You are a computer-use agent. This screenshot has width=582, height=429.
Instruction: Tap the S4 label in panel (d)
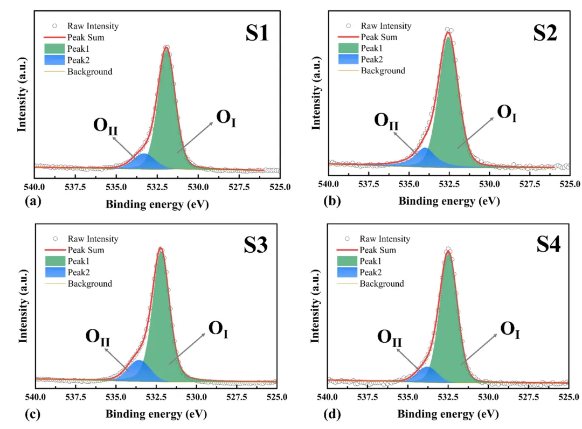click(548, 246)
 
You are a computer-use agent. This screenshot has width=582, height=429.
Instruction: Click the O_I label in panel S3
click(218, 328)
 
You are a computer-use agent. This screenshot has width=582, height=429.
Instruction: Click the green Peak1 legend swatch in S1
click(54, 49)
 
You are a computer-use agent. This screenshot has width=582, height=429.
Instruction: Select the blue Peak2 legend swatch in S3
click(54, 272)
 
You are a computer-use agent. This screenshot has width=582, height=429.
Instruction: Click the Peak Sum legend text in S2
click(379, 37)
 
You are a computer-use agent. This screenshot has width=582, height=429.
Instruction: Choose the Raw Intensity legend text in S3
click(93, 239)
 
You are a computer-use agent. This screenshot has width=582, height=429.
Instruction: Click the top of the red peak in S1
click(166, 49)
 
